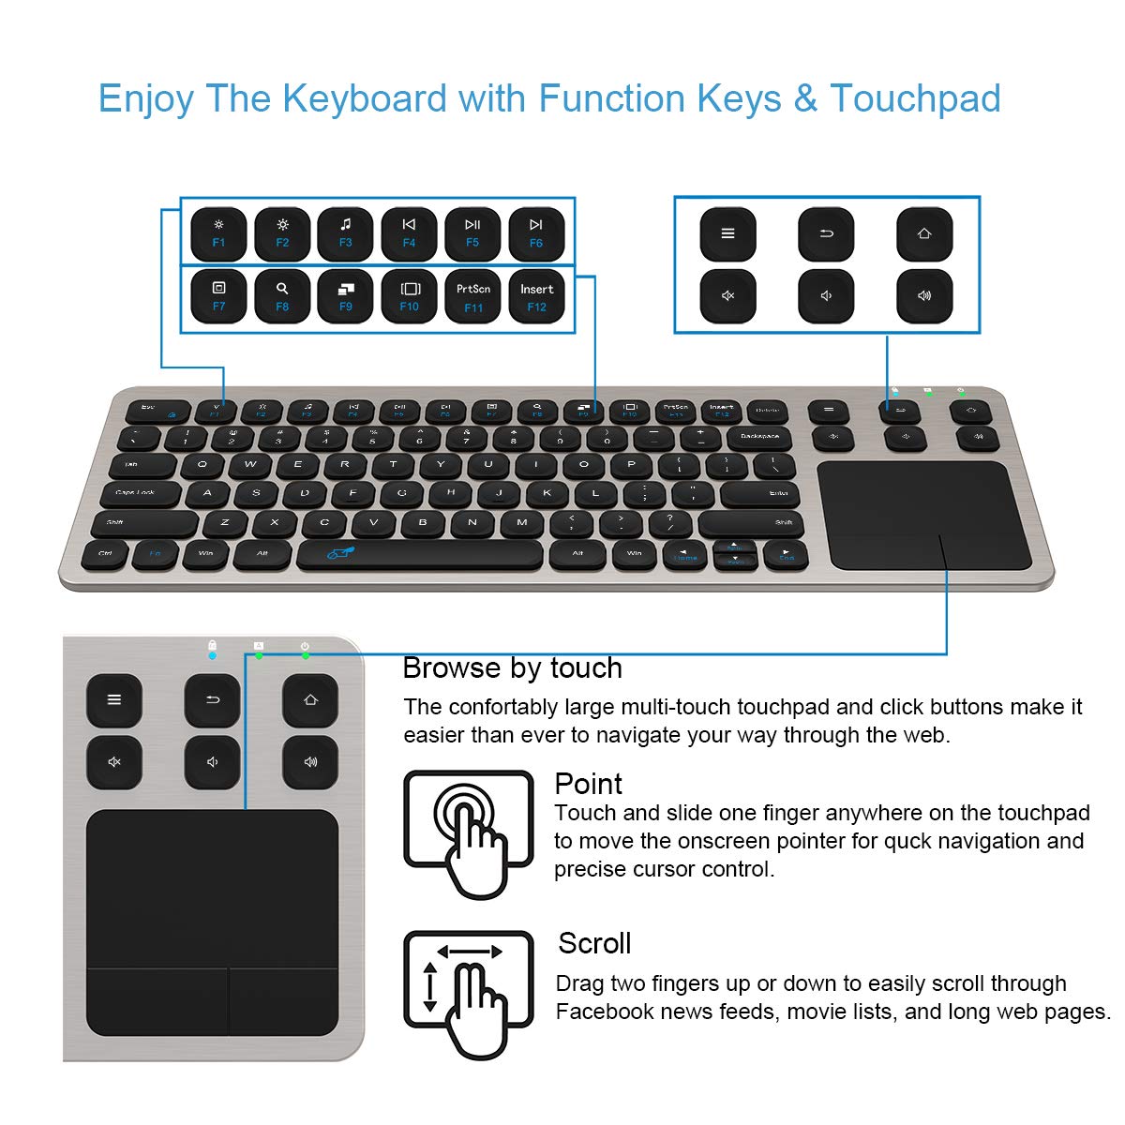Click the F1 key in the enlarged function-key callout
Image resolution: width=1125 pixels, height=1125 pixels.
click(218, 233)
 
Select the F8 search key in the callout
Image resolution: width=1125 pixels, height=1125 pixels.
click(282, 296)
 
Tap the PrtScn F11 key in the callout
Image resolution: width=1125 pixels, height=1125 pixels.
click(473, 296)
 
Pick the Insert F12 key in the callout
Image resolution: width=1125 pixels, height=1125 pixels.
click(537, 296)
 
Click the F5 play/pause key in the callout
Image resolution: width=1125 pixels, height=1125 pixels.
click(472, 233)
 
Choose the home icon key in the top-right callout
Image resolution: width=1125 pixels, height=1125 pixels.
click(924, 233)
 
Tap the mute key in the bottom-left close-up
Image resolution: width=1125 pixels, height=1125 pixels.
click(114, 761)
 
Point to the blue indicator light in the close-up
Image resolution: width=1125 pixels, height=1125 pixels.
click(212, 655)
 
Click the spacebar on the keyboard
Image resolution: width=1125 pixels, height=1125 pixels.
click(419, 554)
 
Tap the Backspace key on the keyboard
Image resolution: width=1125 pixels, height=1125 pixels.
click(758, 437)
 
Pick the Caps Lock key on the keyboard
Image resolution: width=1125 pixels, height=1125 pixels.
click(137, 492)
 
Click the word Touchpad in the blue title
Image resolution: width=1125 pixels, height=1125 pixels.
click(915, 98)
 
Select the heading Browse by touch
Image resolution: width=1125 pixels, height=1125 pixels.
click(512, 667)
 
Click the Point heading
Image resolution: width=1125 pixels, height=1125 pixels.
click(588, 784)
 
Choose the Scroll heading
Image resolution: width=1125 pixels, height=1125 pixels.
click(594, 943)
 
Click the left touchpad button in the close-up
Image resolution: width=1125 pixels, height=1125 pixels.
click(157, 1001)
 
